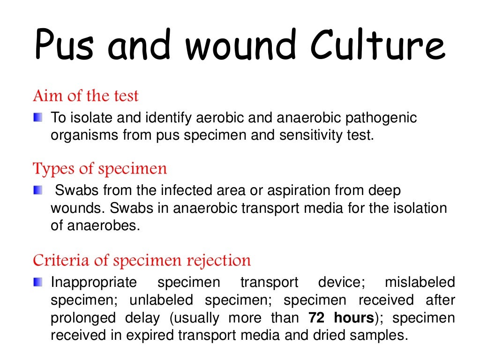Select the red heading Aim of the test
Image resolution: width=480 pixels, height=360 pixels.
tap(86, 96)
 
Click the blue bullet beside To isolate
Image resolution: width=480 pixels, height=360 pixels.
tap(37, 116)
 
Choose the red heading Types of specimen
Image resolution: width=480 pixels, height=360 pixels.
tap(100, 168)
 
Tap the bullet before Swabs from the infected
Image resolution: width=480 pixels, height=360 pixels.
tap(37, 190)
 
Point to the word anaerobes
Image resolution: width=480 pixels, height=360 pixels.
tap(103, 225)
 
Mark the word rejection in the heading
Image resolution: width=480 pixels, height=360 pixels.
tap(220, 260)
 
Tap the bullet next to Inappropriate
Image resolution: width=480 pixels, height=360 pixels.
tap(37, 282)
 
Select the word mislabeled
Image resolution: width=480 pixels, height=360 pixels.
tap(420, 283)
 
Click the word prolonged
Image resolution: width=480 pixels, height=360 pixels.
tap(83, 318)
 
